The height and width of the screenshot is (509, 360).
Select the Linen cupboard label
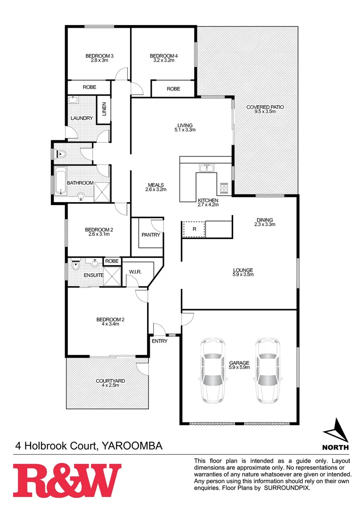pos(104,109)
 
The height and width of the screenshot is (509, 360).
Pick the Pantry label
pos(151,235)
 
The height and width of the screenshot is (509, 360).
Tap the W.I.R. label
pos(136,272)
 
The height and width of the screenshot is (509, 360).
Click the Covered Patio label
pos(265,107)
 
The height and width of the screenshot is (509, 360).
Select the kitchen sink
pos(206,168)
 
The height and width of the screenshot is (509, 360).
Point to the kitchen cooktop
pos(223,189)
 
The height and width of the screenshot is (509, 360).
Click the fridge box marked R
pos(194,229)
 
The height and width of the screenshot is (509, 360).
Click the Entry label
pos(159,341)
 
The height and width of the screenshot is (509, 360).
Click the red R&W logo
pos(66,480)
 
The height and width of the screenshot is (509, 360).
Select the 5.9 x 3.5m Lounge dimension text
pos(243,275)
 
